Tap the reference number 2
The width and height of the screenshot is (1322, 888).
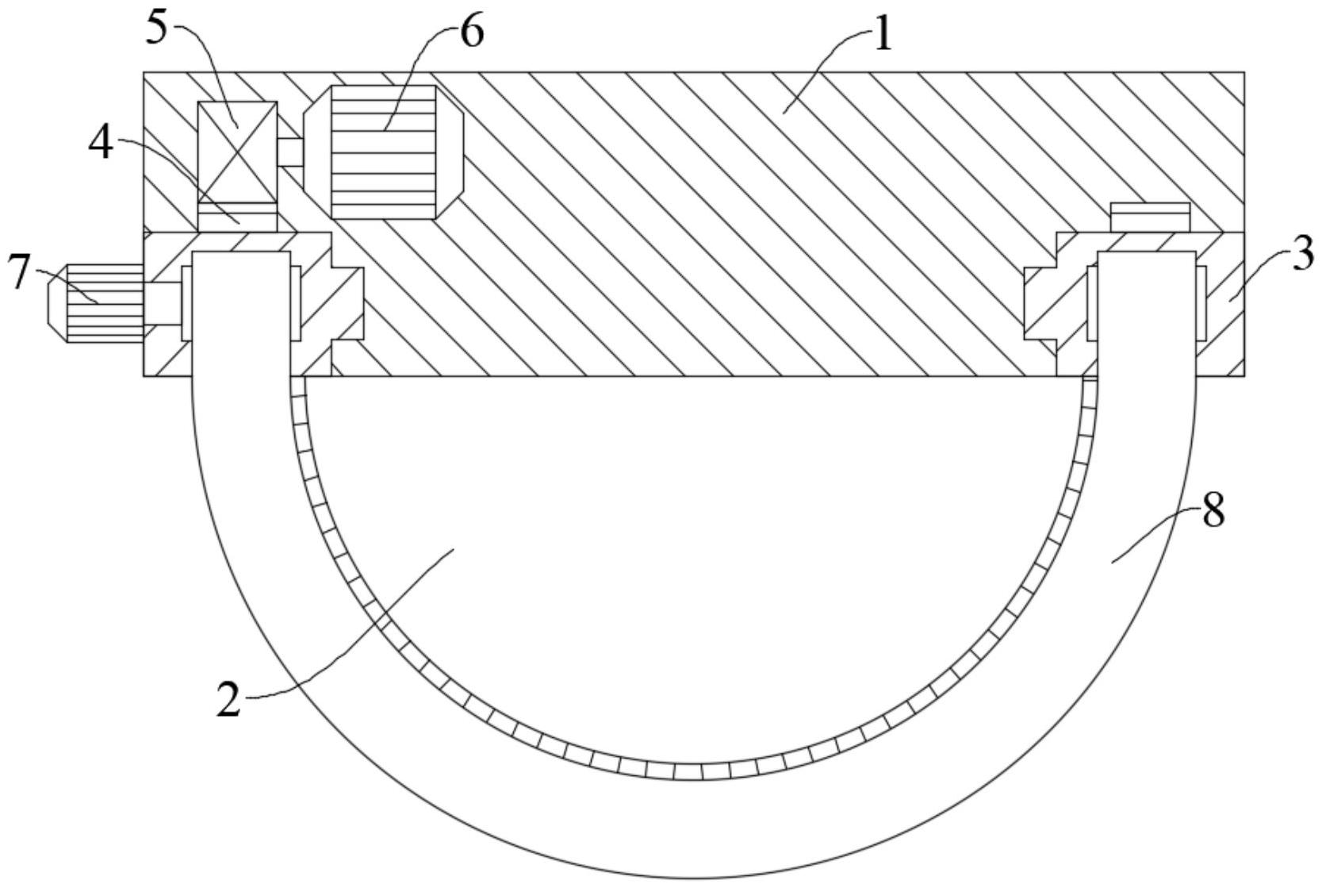tap(228, 700)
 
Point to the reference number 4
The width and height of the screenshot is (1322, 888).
tap(101, 144)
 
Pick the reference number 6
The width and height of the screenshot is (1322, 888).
tap(471, 33)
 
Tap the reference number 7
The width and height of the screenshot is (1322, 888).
tap(18, 271)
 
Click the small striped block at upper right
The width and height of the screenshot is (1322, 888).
tap(1150, 217)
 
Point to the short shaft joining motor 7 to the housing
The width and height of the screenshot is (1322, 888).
tap(163, 304)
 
